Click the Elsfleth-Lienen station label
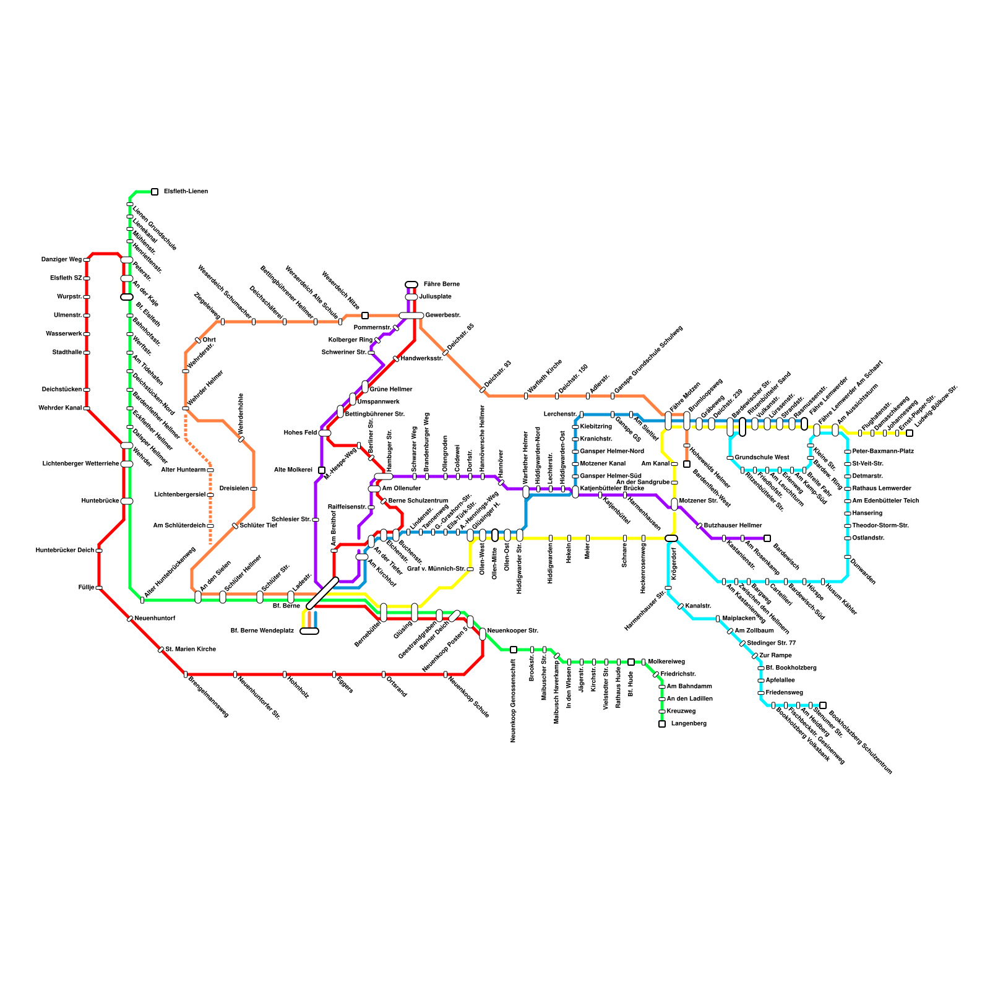point(186,192)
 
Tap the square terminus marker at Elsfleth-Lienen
point(155,192)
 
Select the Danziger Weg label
point(61,260)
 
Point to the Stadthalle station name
point(67,353)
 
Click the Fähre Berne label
point(442,285)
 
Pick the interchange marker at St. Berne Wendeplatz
point(309,631)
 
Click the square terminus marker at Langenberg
point(662,724)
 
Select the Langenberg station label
point(689,724)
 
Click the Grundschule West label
point(762,458)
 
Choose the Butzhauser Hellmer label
point(733,526)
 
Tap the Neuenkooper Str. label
point(513,631)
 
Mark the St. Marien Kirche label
point(191,650)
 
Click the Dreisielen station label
point(234,489)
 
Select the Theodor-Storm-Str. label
point(880,526)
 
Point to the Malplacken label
point(739,619)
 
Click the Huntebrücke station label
point(100,501)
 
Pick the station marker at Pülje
point(99,588)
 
